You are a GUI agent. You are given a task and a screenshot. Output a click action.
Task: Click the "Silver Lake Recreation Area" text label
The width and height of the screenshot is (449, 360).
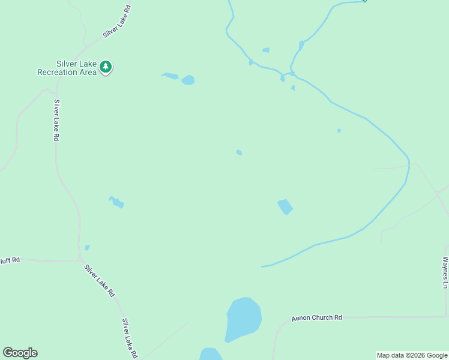[x=67, y=67]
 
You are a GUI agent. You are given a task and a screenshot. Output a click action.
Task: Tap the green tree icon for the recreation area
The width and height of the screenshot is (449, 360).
[x=106, y=67]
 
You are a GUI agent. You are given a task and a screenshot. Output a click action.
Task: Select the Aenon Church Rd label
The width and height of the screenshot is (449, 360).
[x=317, y=317]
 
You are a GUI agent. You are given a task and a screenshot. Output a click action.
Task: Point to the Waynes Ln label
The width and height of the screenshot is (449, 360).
[x=445, y=273]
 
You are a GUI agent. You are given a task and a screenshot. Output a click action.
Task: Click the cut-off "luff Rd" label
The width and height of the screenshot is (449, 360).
[x=10, y=260]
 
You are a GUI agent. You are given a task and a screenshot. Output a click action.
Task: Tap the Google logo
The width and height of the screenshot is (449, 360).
[x=20, y=353]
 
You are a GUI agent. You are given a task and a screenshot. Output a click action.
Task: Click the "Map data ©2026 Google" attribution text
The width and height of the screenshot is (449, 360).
[x=412, y=355]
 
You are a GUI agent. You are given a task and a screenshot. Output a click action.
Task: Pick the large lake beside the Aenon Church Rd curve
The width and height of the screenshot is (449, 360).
[x=243, y=319]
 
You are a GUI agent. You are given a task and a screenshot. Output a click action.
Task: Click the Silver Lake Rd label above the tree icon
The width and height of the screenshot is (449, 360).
[x=116, y=22]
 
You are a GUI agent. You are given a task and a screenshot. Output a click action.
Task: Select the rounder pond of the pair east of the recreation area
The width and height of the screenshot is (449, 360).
[x=188, y=80]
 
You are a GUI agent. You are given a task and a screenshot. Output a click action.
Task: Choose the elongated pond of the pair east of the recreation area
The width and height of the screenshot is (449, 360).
[x=170, y=76]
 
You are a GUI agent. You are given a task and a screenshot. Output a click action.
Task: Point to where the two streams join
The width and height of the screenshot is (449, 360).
[x=292, y=73]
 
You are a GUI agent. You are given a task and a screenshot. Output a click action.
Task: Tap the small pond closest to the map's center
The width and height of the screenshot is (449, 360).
[x=239, y=153]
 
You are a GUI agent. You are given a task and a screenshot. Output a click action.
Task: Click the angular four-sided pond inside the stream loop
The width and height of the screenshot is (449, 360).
[x=285, y=206]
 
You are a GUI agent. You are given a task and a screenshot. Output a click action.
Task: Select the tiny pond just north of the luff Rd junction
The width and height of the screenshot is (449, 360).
[x=88, y=247]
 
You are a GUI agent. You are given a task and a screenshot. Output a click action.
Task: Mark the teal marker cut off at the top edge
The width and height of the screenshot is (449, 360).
[x=364, y=1]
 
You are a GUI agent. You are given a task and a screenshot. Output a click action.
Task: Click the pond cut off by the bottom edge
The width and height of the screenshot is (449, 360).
[x=211, y=355]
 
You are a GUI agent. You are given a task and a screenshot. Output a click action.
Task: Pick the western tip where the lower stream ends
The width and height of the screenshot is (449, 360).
[x=262, y=266]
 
